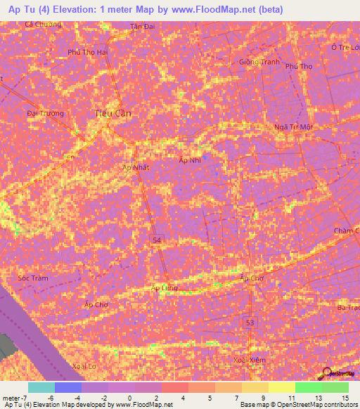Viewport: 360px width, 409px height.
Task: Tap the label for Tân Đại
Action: (x=142, y=27)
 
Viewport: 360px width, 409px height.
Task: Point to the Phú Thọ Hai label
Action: (x=87, y=52)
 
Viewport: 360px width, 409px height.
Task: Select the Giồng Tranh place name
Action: (x=259, y=61)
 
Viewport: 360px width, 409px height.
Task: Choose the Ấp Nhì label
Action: (x=189, y=160)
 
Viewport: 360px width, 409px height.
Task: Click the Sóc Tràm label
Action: (x=33, y=278)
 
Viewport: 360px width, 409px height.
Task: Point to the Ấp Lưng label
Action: (x=164, y=288)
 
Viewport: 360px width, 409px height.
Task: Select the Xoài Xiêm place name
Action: (x=250, y=360)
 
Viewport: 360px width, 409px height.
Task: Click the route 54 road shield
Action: (x=160, y=241)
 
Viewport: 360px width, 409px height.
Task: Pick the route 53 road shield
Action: (x=250, y=322)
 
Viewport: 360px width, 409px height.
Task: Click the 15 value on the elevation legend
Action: (x=345, y=397)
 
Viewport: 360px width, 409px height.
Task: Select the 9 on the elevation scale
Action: (x=263, y=397)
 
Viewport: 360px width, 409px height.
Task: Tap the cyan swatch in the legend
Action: (x=41, y=387)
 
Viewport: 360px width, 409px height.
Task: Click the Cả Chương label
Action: (x=43, y=24)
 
